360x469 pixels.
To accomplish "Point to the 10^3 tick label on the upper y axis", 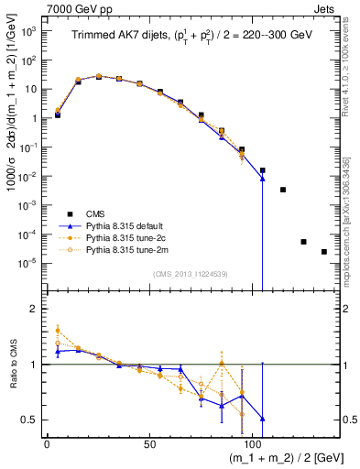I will [28, 31].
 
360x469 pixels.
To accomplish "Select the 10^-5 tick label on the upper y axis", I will [28, 263].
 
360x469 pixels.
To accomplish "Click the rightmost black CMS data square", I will [324, 252].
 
